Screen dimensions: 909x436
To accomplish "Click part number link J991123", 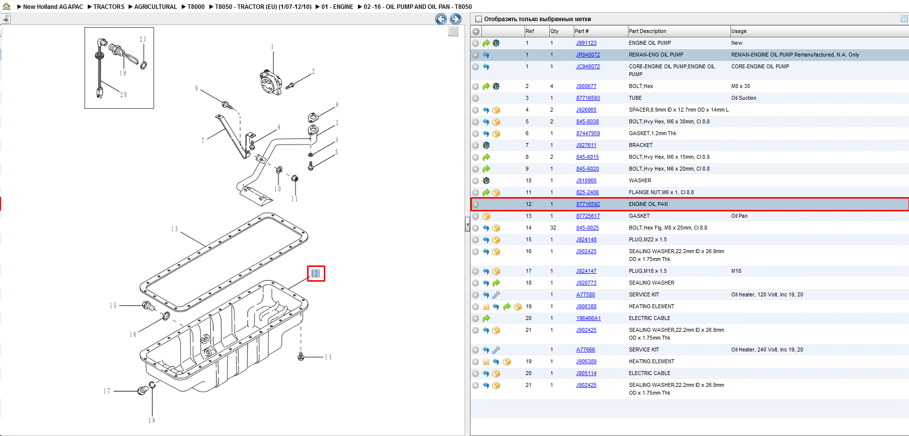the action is pos(586,43).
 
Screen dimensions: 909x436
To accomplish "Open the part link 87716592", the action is pos(588,204).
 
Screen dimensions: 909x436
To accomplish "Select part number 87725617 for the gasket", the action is pos(588,216).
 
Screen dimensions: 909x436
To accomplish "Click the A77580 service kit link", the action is pos(586,295).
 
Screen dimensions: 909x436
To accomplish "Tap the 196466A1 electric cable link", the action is pos(589,319).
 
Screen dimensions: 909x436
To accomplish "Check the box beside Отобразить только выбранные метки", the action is pos(478,19).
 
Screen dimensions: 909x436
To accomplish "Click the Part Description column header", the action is pos(647,31).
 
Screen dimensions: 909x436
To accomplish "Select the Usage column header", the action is pos(739,31).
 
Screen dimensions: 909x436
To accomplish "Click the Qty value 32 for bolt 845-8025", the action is pos(553,228).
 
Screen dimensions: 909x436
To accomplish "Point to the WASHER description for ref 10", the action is pos(640,181).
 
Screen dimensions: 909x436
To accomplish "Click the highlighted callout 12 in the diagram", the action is pos(316,274).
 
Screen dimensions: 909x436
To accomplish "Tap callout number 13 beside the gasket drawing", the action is pos(174,229).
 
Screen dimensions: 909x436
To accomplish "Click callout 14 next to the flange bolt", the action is pos(328,357).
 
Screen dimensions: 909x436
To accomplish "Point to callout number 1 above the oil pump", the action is pos(272,47).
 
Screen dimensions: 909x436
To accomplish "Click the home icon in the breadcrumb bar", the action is pos(6,6).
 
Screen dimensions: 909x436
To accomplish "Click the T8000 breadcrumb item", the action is pos(196,7).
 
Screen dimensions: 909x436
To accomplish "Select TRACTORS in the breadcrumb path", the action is pos(109,7).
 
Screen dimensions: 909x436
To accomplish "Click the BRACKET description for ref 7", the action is pos(641,145).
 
